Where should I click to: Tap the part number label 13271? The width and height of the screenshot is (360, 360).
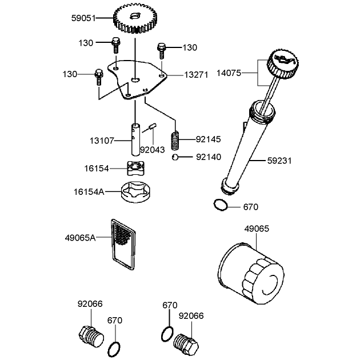pos(197,75)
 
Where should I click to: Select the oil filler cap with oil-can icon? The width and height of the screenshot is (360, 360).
pos(283,63)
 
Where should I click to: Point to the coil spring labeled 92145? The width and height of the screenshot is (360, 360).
pos(175,141)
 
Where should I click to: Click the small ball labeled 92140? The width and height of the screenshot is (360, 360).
pos(175,157)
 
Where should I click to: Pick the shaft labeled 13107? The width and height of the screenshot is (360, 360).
pos(135,139)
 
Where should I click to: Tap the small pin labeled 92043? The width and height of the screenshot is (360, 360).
pos(153,126)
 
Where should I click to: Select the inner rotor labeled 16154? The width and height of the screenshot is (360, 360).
pos(135,168)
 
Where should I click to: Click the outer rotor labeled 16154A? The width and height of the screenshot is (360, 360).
pos(136,192)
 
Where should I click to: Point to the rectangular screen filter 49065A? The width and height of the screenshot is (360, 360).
pos(123,245)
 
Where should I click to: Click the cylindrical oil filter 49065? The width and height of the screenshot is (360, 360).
pos(251,273)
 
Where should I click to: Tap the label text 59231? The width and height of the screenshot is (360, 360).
pos(279,161)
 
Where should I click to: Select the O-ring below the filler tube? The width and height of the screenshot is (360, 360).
pos(221,205)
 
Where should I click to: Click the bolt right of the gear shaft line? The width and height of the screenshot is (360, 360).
pos(162,50)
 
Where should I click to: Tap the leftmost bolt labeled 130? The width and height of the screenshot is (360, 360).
pos(99,77)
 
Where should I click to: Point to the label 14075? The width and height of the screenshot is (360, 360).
pos(229,73)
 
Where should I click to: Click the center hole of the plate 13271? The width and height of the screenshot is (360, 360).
pos(135,79)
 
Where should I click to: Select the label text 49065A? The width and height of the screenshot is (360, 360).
pos(81,238)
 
